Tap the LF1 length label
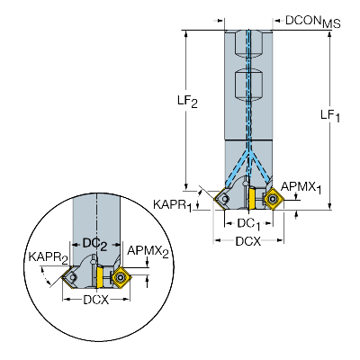click(331, 114)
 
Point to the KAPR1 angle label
click(172, 205)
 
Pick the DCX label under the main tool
click(248, 241)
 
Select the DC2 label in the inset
click(95, 243)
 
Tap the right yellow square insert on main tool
click(273, 199)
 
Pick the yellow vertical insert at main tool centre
click(255, 198)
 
